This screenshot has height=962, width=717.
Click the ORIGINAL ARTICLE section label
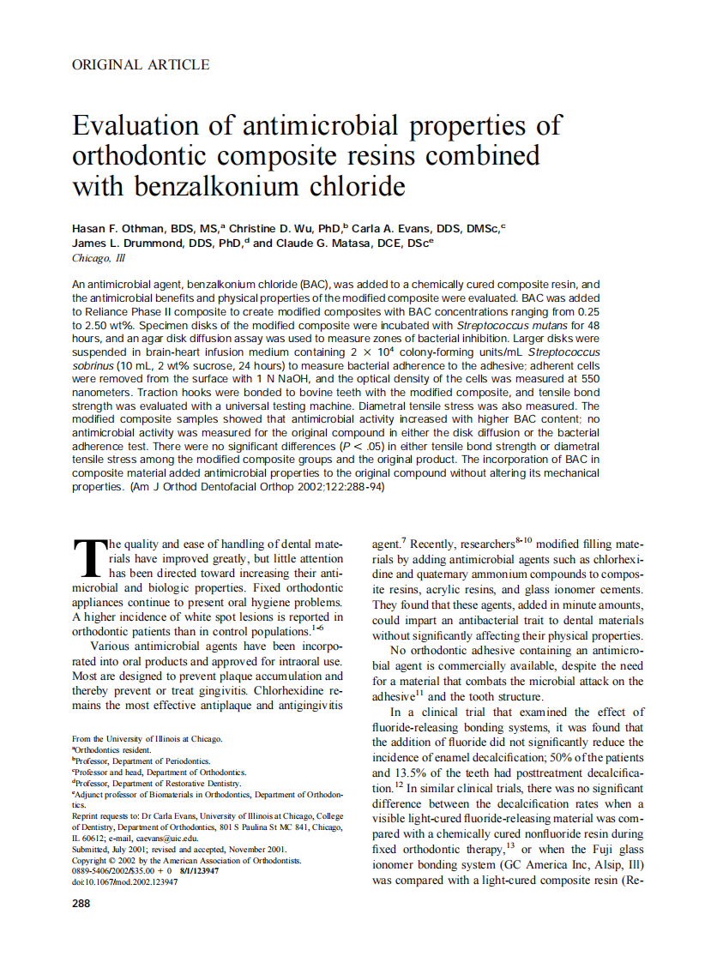(x=141, y=64)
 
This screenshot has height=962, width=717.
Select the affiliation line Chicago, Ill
(x=98, y=257)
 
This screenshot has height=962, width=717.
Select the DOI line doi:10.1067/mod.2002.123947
(x=124, y=881)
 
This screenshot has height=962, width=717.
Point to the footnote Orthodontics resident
(x=112, y=749)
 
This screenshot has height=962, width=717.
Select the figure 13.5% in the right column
(x=412, y=773)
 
